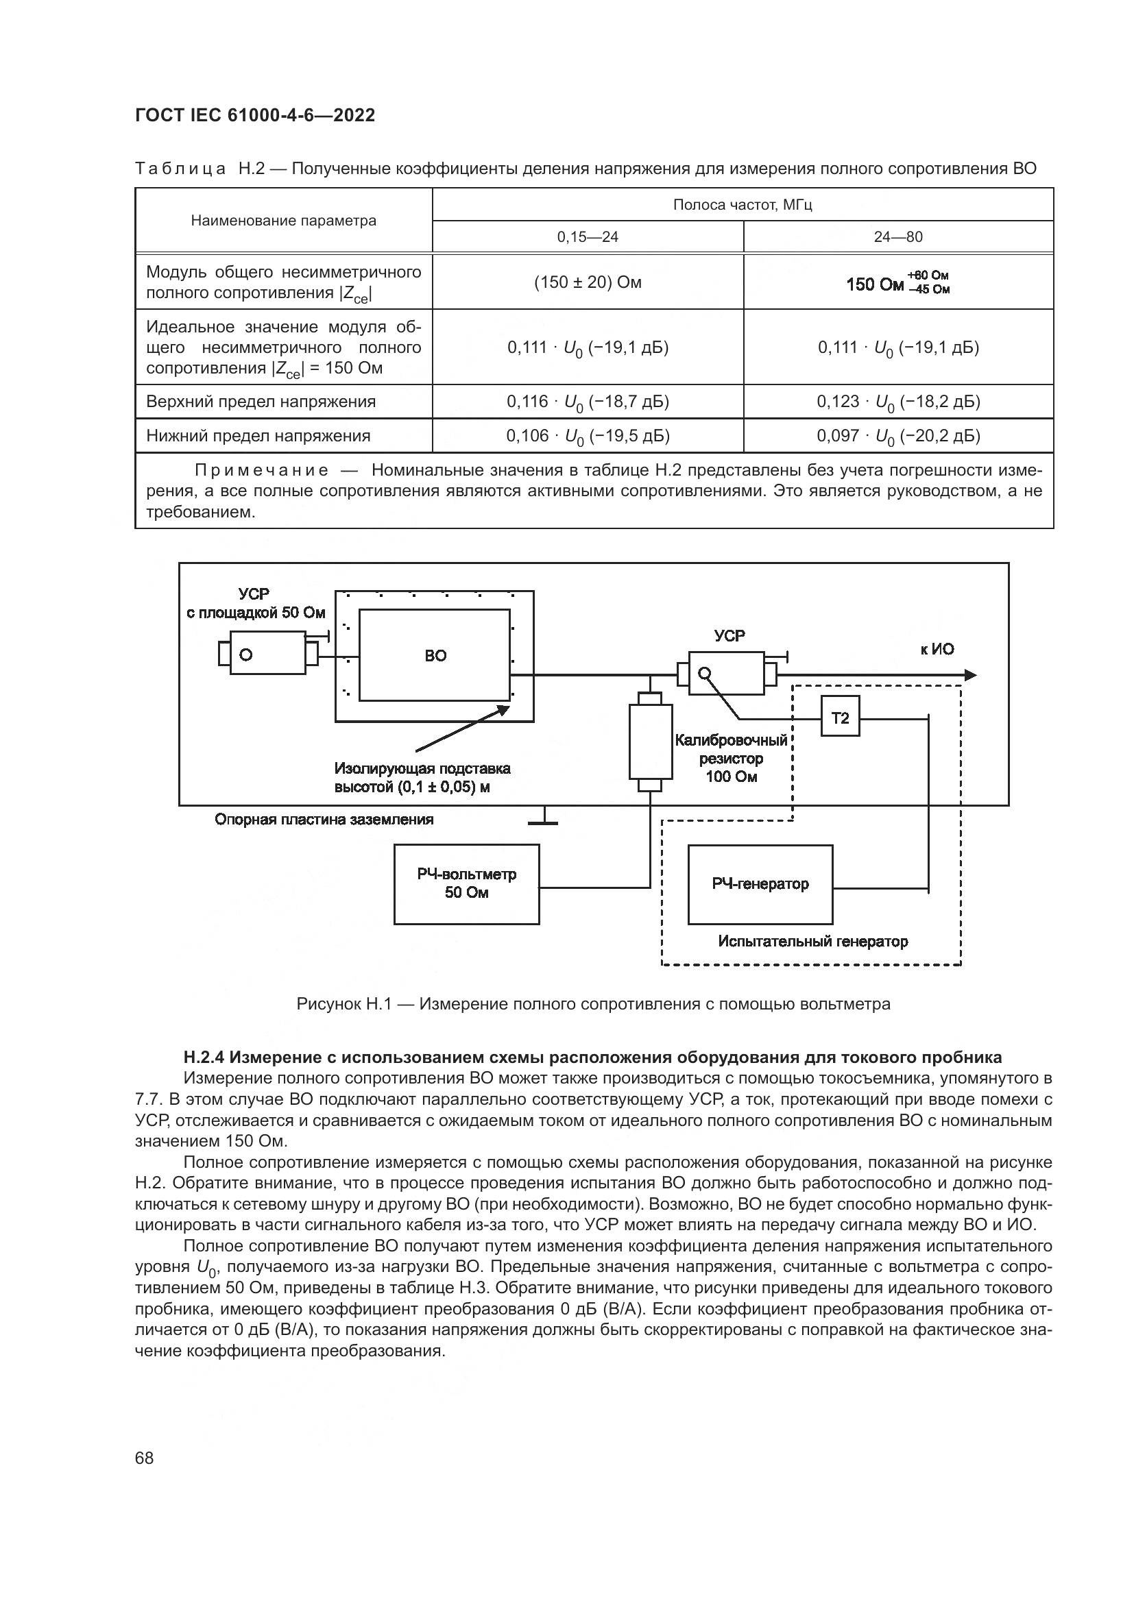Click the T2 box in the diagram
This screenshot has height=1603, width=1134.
coord(840,716)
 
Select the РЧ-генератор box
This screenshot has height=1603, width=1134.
coord(760,885)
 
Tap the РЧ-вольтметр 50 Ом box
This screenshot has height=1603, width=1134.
coord(466,884)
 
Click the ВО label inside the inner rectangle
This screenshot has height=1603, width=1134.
coord(435,656)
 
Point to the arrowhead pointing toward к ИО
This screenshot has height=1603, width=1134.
coord(970,675)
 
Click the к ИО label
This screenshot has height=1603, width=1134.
coord(937,649)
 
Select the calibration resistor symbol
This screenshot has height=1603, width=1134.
coord(650,742)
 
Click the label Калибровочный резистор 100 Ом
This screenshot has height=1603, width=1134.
coord(731,758)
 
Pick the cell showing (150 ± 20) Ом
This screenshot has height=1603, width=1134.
coord(588,283)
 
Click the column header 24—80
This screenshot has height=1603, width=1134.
coord(898,237)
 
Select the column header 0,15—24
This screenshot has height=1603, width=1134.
coord(588,237)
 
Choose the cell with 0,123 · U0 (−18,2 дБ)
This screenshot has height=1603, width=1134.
coord(898,402)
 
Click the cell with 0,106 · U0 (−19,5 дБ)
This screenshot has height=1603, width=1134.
coord(588,437)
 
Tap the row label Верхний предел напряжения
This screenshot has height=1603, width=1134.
coord(261,402)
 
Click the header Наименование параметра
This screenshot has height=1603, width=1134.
coord(284,221)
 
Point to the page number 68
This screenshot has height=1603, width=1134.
coord(145,1458)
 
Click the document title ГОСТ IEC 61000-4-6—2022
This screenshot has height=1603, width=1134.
coord(255,115)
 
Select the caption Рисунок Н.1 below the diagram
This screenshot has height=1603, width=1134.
coord(594,1004)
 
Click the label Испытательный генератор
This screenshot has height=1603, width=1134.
coord(813,942)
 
